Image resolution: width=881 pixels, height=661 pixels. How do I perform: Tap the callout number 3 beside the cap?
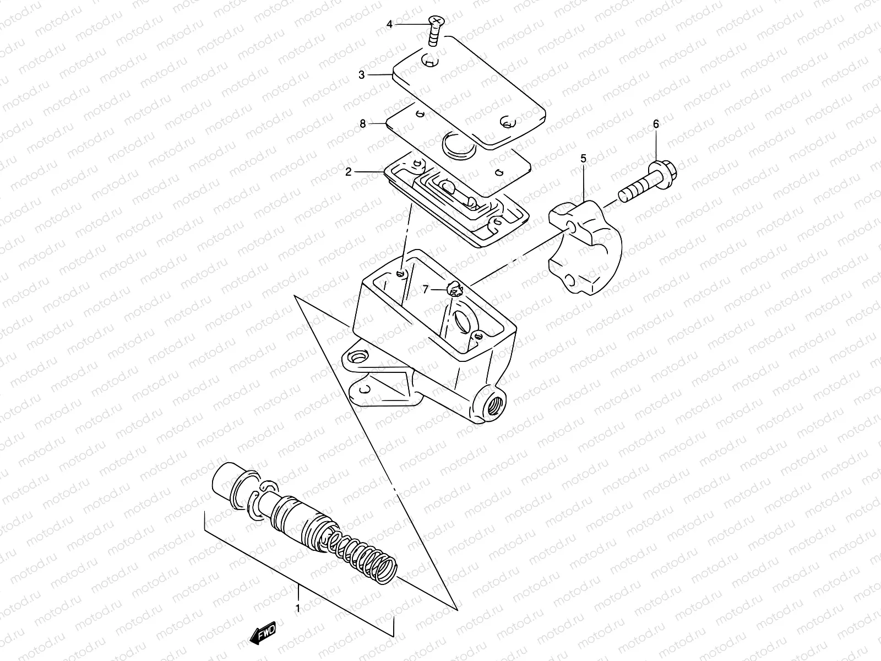[x=362, y=75]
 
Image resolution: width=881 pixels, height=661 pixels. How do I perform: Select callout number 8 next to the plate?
[x=362, y=124]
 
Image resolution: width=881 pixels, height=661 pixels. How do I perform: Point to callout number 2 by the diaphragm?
[x=349, y=172]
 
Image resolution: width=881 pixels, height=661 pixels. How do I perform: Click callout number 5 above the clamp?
[x=583, y=159]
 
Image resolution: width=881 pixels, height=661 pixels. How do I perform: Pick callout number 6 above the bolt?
[x=656, y=124]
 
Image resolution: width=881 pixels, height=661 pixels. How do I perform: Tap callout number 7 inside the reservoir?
[x=426, y=289]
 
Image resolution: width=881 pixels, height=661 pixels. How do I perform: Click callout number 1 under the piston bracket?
[x=298, y=609]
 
